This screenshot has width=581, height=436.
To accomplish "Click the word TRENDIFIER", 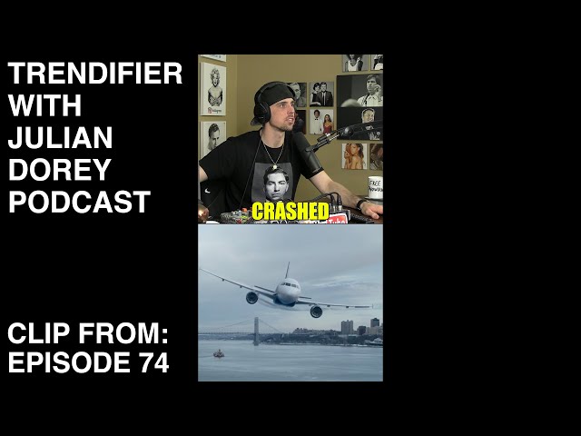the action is pos(94,74).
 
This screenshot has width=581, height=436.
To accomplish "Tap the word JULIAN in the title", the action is pos(60,137).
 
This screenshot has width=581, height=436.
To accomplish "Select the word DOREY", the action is pos(60,170).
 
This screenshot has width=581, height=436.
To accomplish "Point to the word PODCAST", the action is pos(79,202).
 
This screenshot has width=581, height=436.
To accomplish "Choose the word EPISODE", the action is pos(69,362).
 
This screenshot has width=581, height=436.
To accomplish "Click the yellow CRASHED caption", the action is pos(290,212).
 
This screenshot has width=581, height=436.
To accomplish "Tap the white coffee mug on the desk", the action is pos(375,188).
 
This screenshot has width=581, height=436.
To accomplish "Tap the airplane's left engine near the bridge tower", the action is pos(252,297).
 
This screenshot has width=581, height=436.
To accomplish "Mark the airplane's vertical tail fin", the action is pos(287,270).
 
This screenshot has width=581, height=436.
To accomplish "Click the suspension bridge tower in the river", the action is pos(256,331).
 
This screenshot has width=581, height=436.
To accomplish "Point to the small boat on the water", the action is pos(219,353).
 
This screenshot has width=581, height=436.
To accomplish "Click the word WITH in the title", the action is pos(44,105).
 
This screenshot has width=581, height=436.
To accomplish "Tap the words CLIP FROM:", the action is pos(88,333).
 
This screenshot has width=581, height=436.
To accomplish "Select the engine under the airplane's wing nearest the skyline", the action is pos(316,312).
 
